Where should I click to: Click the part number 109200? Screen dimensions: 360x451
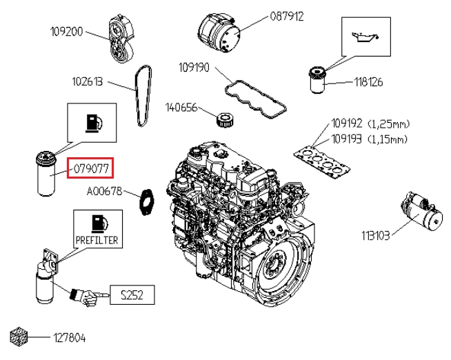(67, 32)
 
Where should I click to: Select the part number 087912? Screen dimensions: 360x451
(287, 16)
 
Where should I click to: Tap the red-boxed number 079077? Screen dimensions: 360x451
(90, 168)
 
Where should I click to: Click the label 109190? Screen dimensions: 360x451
(195, 68)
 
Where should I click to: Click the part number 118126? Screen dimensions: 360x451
(368, 82)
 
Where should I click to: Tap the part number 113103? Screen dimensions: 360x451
(376, 235)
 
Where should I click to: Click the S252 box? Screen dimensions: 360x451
(131, 295)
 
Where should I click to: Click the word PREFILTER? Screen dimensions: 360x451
(97, 241)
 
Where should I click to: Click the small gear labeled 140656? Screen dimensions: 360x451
(225, 119)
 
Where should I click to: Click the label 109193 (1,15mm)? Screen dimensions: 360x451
(370, 139)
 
